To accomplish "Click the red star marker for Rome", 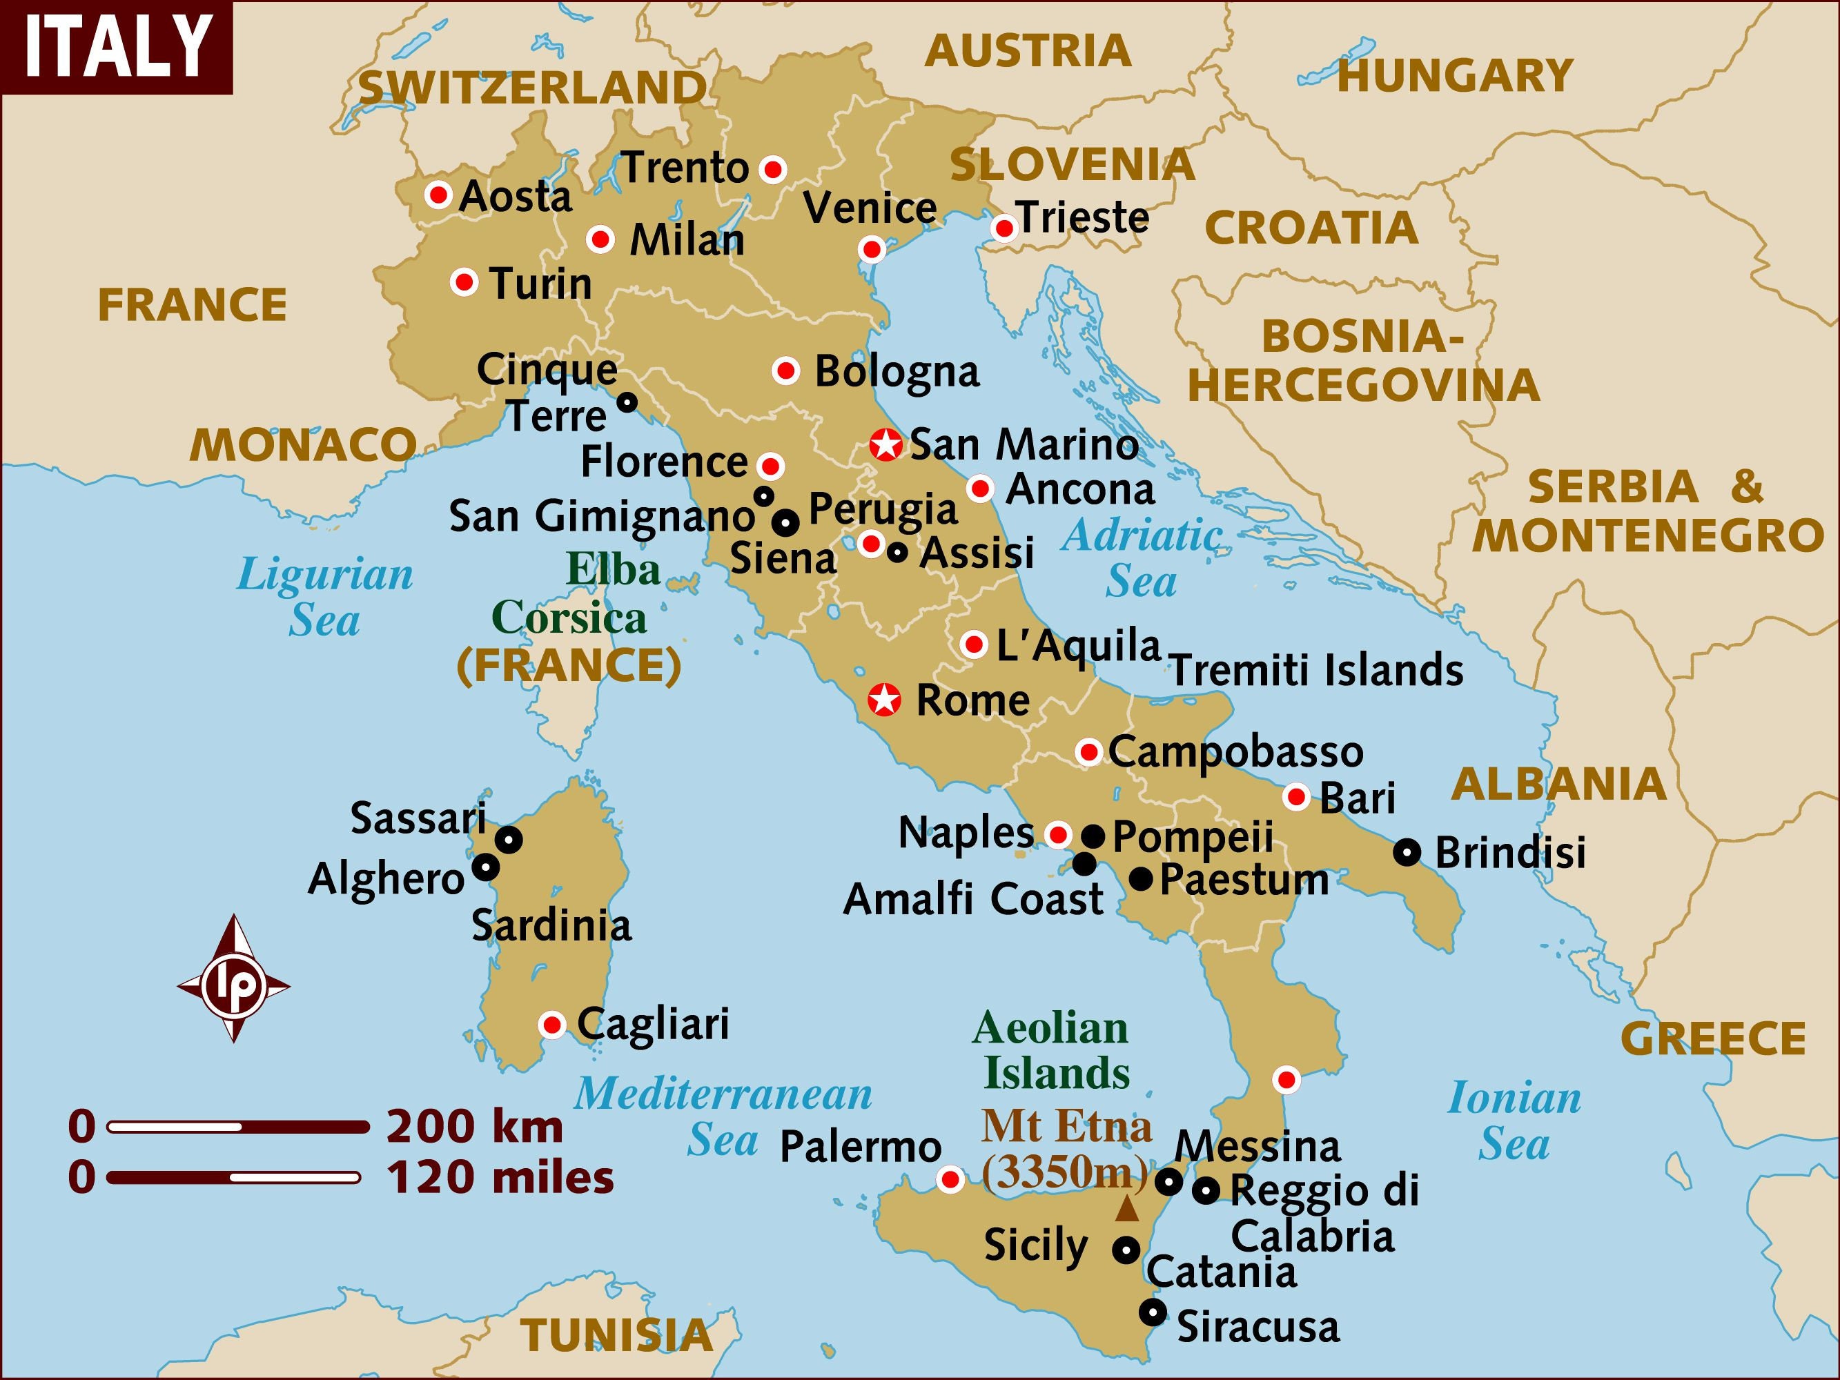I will pos(884,700).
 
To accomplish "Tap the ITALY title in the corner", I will pos(117,47).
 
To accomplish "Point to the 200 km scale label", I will pos(474,1127).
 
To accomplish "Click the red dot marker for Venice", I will pos(872,248).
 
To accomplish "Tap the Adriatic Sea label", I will pos(1142,558).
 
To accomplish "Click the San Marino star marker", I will pos(886,445).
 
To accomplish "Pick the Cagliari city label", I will pos(653,1024).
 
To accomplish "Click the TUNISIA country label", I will pos(616,1336).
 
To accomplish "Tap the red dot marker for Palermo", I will pos(950,1179).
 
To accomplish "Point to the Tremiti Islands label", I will pos(1317,671).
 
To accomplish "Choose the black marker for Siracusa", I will pos(1152,1312).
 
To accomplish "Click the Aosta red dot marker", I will pos(438,195).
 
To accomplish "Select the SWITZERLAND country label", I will pos(532,88).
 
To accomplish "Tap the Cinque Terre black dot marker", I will pos(627,402).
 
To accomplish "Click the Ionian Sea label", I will pos(1514,1121).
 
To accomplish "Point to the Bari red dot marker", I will pos(1296,797).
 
